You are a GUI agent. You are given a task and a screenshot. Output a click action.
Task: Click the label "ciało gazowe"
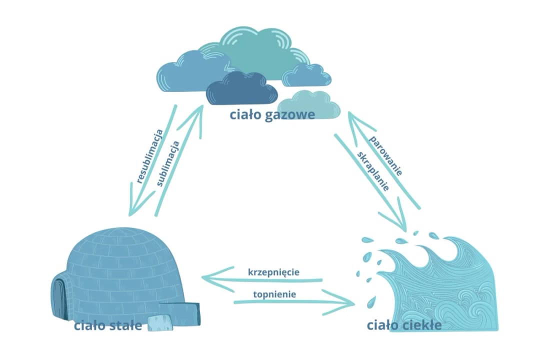click(272, 115)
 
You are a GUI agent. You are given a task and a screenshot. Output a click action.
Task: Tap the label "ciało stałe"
click(108, 326)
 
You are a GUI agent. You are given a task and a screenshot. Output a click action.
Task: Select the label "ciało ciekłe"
click(404, 325)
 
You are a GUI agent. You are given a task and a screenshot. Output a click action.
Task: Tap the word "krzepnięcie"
click(273, 272)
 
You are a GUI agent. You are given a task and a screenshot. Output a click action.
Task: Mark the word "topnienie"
click(274, 294)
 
